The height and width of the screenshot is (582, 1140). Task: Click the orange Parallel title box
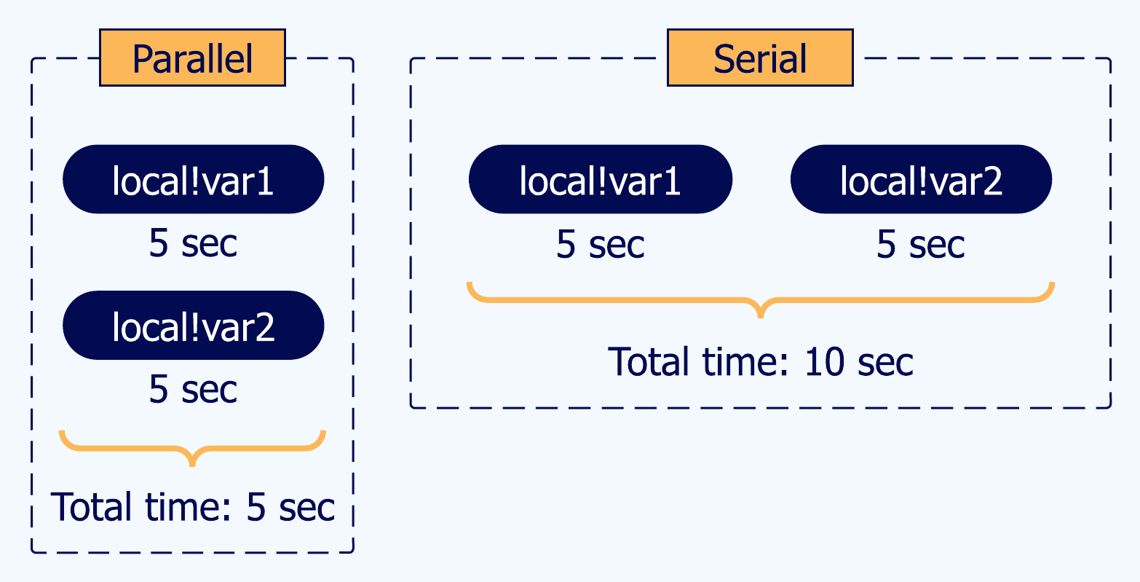click(192, 58)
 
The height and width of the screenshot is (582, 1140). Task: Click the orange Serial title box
click(760, 58)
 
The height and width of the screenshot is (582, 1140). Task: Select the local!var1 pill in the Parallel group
click(193, 179)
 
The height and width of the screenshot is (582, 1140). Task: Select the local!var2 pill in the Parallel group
click(193, 325)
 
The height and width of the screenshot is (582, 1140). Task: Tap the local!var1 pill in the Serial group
click(600, 179)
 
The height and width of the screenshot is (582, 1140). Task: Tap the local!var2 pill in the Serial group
click(921, 179)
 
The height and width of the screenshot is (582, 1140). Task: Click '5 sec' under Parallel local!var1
click(193, 243)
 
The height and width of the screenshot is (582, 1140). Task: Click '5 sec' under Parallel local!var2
click(193, 389)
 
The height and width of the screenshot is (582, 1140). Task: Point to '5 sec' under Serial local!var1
click(600, 243)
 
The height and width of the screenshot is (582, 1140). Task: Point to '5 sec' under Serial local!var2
click(921, 243)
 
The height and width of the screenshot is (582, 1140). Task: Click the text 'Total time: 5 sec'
click(193, 506)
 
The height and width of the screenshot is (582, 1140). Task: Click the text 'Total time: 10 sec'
click(760, 361)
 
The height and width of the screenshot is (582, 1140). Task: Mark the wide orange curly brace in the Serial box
click(760, 299)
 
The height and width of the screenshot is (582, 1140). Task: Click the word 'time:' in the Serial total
click(740, 361)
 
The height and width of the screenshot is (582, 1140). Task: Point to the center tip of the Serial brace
click(761, 315)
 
